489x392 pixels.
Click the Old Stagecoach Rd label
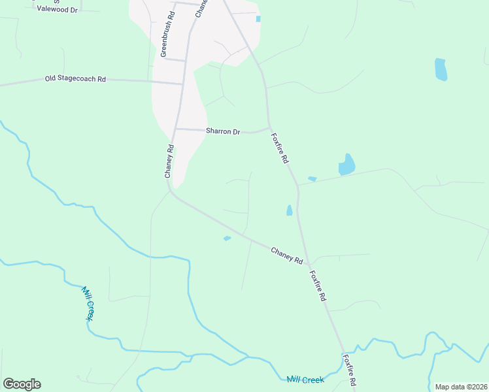click(75, 79)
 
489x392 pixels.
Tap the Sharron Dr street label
click(223, 131)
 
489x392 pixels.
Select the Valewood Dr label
click(57, 9)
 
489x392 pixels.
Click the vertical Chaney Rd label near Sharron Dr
click(169, 161)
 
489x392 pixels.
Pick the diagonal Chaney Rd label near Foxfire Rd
click(286, 255)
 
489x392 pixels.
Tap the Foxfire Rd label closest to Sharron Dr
click(280, 149)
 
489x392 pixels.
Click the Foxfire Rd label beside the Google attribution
click(351, 370)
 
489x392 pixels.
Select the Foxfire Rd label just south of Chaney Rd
click(318, 286)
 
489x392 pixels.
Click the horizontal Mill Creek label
click(305, 380)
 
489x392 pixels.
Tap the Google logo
click(22, 384)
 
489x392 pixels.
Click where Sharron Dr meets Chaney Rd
click(175, 129)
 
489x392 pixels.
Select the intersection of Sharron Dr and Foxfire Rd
click(269, 128)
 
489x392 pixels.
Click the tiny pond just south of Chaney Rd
click(227, 238)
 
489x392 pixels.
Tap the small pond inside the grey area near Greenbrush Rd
click(258, 19)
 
